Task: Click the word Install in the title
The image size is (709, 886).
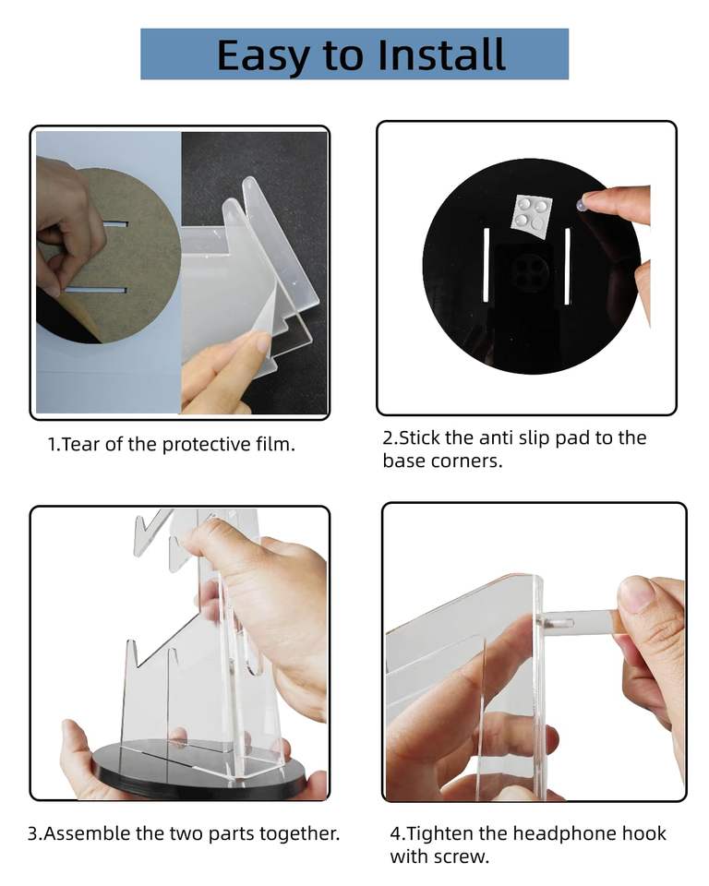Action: (441, 54)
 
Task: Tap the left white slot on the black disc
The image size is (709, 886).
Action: (486, 266)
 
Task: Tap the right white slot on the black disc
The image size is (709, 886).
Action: (567, 266)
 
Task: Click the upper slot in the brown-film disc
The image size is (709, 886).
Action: (115, 224)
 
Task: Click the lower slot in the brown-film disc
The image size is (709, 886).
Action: (96, 291)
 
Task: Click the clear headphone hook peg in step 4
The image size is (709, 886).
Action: (577, 622)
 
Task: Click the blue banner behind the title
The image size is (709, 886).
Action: (354, 54)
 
